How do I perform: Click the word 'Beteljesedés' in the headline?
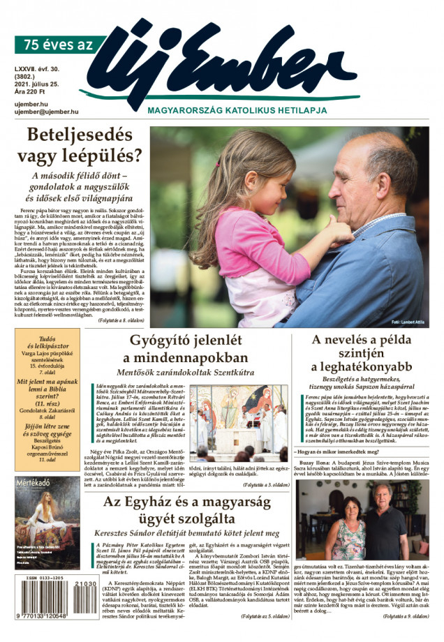coord(85,134)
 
